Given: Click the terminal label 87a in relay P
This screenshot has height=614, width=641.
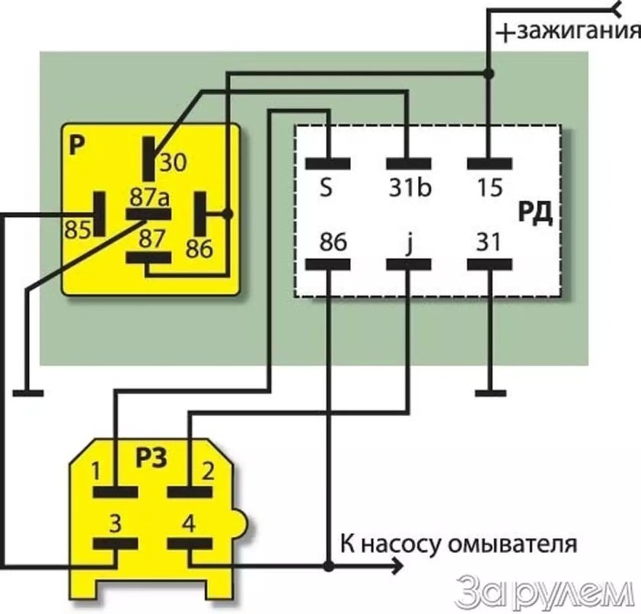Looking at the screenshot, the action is coord(150,198).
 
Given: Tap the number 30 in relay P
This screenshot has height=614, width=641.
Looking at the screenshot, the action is coord(173,162).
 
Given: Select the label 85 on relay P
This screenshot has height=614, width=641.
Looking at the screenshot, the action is coord(78,230).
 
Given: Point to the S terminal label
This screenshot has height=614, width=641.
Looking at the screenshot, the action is coord(326,188).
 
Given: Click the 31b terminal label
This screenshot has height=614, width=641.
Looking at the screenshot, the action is coord(410,188).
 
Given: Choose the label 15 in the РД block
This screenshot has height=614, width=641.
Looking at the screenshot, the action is coord(490,188).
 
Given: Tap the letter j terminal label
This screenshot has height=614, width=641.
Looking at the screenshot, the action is coord(410,244).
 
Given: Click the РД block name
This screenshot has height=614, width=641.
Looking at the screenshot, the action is coord(535,213).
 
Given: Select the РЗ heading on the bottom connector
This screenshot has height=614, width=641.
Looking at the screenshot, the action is coord(151,458).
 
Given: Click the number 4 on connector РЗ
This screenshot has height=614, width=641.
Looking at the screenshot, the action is coord(189,523).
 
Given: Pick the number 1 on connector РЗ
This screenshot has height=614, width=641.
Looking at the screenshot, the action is coord(95,471).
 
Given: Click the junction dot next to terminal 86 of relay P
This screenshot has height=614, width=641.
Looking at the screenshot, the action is coord(227,214).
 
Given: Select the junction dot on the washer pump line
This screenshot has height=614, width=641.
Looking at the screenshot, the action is coord(328,567).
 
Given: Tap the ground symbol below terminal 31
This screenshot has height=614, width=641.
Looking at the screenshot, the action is coord(491,393).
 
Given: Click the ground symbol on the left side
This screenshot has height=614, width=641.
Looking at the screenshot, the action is coord(28,393).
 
